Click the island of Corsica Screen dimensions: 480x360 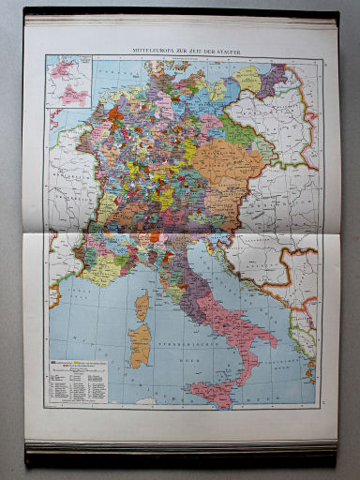point(143,305)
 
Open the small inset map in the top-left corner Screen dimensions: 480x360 point(68,81)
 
